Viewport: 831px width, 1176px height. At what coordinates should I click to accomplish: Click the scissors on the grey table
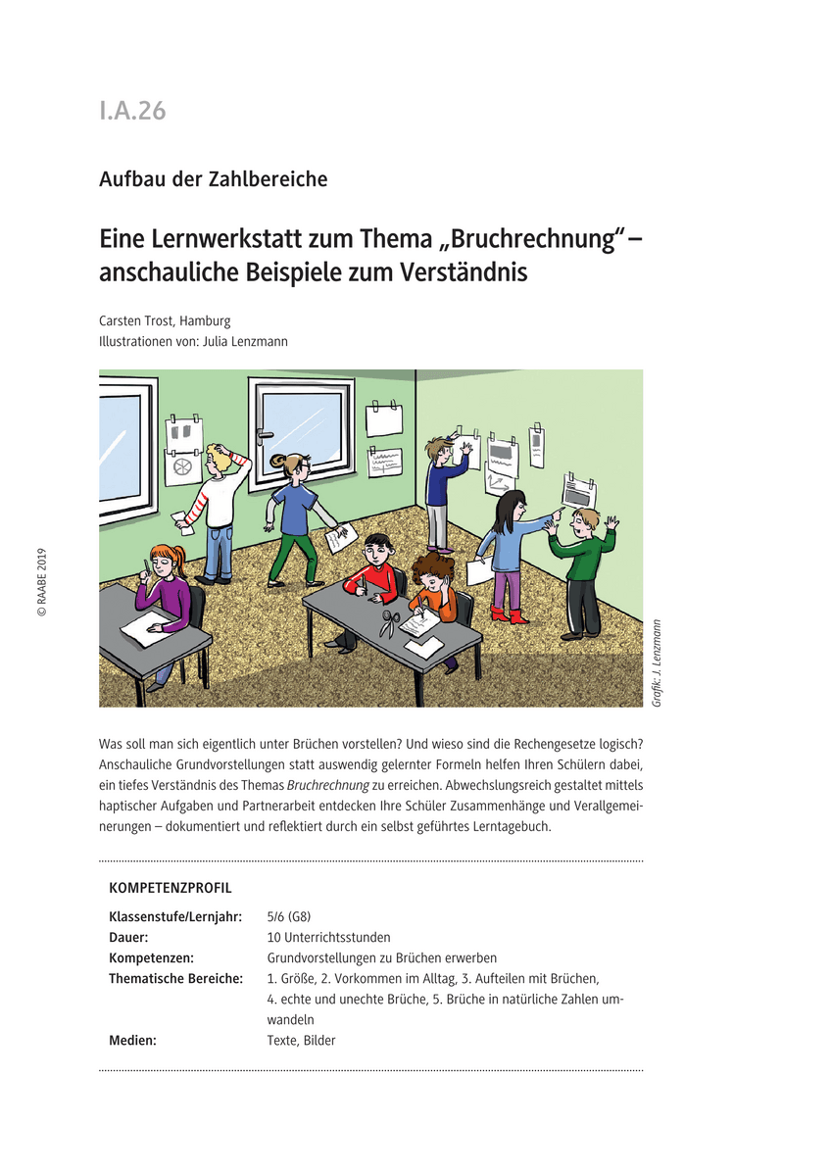pyautogui.click(x=390, y=623)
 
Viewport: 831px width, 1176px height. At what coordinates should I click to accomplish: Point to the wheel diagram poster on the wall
pyautogui.click(x=182, y=468)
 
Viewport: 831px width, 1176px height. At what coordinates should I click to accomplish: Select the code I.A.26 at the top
pyautogui.click(x=132, y=111)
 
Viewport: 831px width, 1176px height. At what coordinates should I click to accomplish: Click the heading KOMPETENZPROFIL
pyautogui.click(x=171, y=889)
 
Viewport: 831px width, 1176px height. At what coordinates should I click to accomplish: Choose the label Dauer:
pyautogui.click(x=128, y=937)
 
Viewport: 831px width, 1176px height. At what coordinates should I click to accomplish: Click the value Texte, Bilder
pyautogui.click(x=301, y=1040)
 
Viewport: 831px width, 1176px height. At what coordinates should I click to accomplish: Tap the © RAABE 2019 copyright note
pyautogui.click(x=42, y=582)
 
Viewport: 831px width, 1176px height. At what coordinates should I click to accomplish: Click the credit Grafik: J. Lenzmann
pyautogui.click(x=657, y=662)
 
